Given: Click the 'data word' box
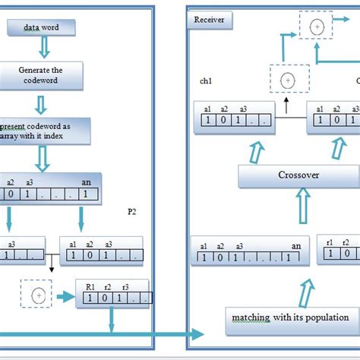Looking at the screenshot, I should coord(41,28).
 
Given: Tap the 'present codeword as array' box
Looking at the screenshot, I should coord(46,130).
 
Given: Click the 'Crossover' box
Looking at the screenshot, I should coord(297,176).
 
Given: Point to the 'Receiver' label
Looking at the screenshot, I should coord(210,20).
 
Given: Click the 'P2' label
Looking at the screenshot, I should coord(132,213).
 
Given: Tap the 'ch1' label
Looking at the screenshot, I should coord(205,80).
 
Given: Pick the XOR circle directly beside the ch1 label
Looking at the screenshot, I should coord(286,79).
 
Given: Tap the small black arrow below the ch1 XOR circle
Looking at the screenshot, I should coord(286,99).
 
